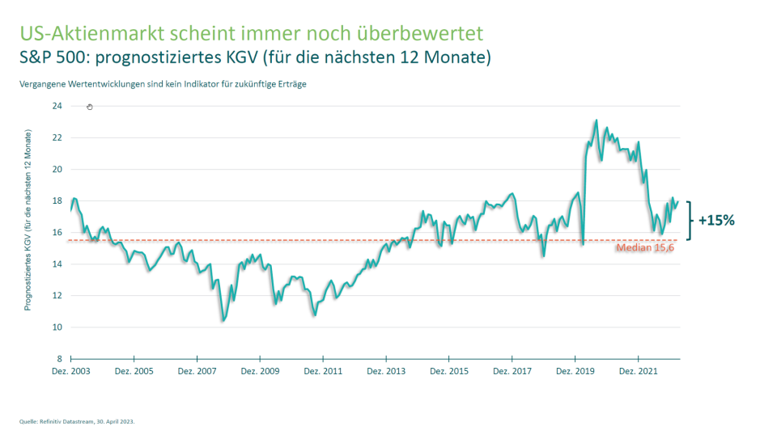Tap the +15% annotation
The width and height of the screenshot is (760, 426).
point(716,220)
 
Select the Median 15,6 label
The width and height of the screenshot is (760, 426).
point(644,249)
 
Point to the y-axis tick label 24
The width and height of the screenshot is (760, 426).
point(57,106)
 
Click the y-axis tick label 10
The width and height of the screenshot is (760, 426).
point(57,327)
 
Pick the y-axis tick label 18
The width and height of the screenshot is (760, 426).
point(57,201)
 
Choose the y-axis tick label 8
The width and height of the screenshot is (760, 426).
point(59,359)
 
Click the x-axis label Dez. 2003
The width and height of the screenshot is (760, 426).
point(71,371)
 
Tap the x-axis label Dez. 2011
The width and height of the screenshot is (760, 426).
point(323,371)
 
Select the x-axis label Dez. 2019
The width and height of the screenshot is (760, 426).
point(575,371)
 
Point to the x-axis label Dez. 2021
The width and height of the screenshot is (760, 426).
point(639,371)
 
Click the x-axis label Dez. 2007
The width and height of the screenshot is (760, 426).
point(197,371)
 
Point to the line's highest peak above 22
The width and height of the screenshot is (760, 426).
point(596,120)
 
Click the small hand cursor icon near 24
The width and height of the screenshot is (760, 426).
point(90,107)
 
